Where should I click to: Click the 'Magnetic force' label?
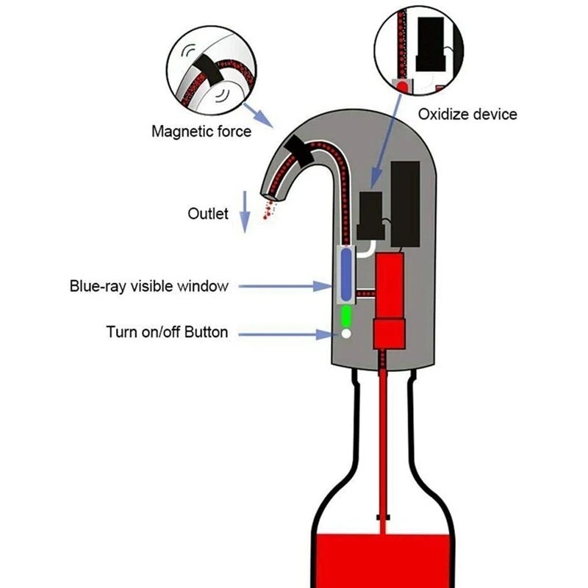coord(201,132)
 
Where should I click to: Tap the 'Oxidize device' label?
coord(467,114)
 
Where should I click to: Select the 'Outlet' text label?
coord(208,214)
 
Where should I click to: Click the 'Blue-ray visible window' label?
coord(149,286)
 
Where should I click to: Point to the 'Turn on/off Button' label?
coord(167,332)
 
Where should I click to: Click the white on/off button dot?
coord(345,334)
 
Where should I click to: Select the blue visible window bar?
coord(345,275)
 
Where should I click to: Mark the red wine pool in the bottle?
coord(382,559)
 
